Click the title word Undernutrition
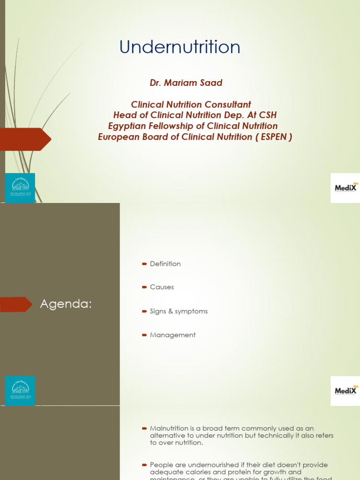(x=180, y=47)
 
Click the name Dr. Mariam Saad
(x=186, y=83)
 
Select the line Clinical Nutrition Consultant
(x=191, y=105)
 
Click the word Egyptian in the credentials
(x=127, y=126)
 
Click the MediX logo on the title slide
(x=345, y=188)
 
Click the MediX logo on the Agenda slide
(x=345, y=390)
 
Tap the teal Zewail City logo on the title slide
(x=20, y=187)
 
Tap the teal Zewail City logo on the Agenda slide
(x=20, y=390)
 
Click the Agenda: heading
(x=66, y=304)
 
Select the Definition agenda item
(x=165, y=264)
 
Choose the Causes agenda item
(x=162, y=287)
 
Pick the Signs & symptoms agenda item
(x=179, y=311)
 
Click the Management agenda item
(x=172, y=335)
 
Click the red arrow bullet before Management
(x=144, y=335)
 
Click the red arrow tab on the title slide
(x=25, y=139)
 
